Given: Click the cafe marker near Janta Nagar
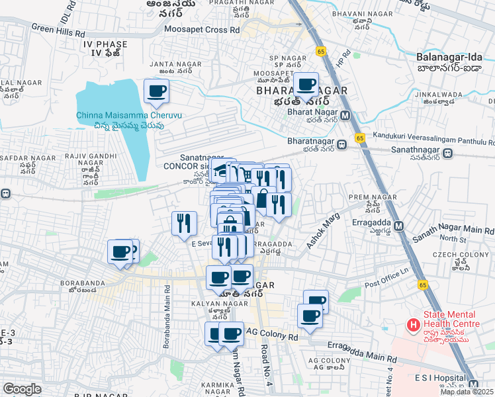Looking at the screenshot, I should coord(156,91).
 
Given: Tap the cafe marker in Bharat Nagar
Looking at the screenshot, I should coord(306,85).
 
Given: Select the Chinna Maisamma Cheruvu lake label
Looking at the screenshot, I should coord(128,115).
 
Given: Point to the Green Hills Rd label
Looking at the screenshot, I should coord(58,30).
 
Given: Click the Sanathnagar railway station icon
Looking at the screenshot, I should coord(448,154).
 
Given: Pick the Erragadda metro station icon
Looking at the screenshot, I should coord(398,226).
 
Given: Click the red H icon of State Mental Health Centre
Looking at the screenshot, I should coord(414,324).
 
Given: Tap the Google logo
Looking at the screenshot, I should coord(22,389).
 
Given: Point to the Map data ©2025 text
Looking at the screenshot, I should coord(467,392).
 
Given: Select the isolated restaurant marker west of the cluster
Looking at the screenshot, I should coord(183,222).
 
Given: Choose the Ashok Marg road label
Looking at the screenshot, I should coord(322,231).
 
